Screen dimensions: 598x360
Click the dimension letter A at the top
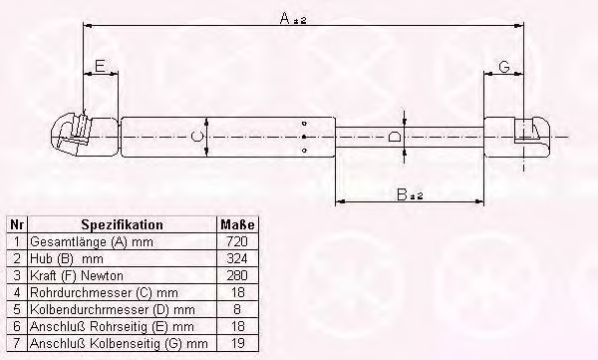pos(285,18)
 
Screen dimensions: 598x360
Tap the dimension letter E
pos(100,67)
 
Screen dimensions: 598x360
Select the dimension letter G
pos(504,67)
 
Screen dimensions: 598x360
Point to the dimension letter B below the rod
pos(402,194)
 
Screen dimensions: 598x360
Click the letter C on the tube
pos(196,137)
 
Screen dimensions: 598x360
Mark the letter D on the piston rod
pos(395,137)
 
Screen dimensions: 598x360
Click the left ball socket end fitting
pos(85,135)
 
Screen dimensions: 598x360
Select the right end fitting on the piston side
pos(517,137)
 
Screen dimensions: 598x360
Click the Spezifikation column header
pos(122,224)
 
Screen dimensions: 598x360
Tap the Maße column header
pos(237,224)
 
